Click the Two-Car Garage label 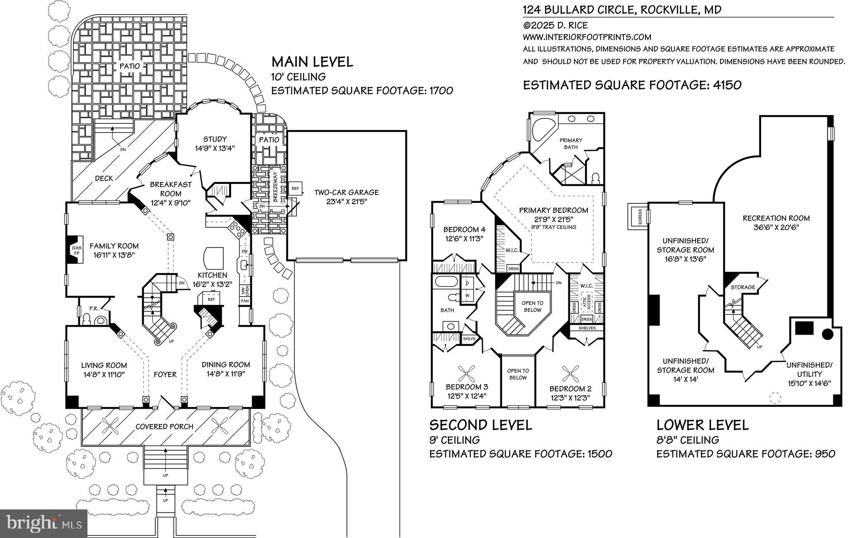click(x=346, y=192)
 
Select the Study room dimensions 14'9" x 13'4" click(x=215, y=148)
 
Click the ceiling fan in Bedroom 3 click(x=469, y=374)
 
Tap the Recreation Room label click(x=776, y=218)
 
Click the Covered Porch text click(x=165, y=427)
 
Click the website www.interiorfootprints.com click(x=587, y=37)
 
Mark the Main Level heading click(x=312, y=62)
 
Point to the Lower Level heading click(x=703, y=425)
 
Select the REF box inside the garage click(x=295, y=188)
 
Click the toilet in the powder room click(x=87, y=318)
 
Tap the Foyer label click(x=165, y=374)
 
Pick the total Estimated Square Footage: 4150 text click(x=632, y=85)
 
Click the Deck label click(x=104, y=178)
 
